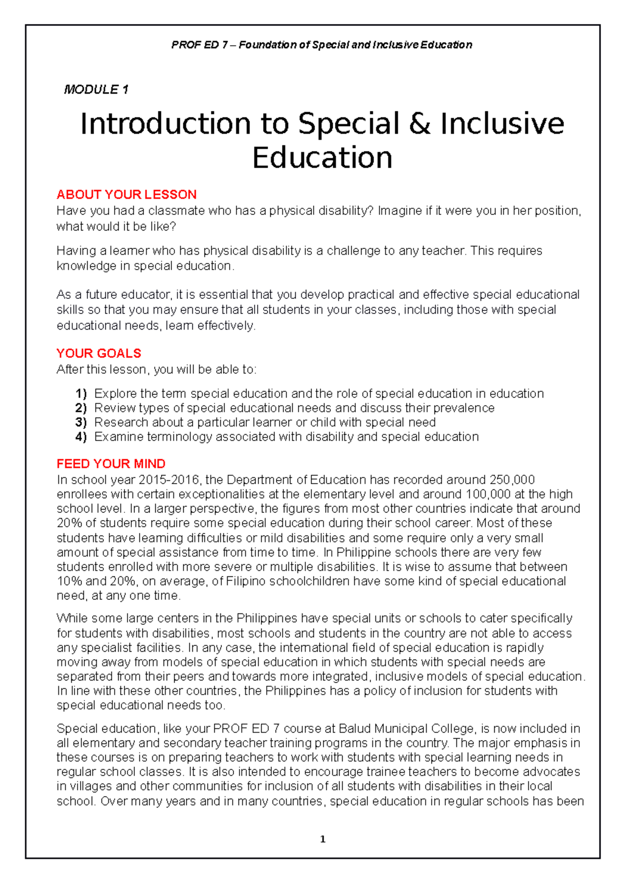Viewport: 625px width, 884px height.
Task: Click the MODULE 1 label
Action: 96,90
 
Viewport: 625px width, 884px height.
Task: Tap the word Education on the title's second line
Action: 322,158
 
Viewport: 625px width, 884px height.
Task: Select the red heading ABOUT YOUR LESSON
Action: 127,195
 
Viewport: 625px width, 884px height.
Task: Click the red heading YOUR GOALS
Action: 98,353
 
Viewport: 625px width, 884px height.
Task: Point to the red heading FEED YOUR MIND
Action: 111,464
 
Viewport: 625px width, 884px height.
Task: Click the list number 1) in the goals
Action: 81,394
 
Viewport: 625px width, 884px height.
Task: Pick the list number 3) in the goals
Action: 81,422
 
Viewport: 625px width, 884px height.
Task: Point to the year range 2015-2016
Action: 173,479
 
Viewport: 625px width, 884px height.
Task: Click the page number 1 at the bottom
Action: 322,839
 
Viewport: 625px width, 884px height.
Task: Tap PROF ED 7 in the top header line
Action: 199,45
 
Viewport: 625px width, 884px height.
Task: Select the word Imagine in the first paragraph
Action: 398,211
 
